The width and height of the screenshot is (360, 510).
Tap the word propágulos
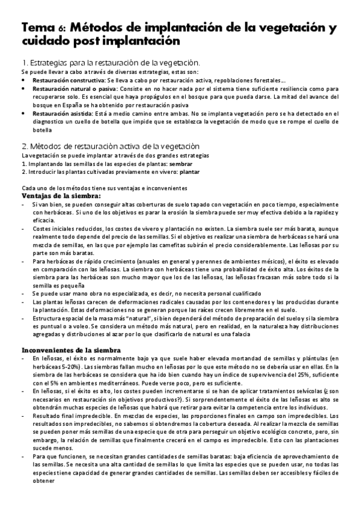[160, 96]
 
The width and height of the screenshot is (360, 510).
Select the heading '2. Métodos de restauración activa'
[111, 146]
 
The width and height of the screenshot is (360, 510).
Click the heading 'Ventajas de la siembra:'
[61, 195]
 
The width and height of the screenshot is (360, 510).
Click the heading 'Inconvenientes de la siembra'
[72, 349]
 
